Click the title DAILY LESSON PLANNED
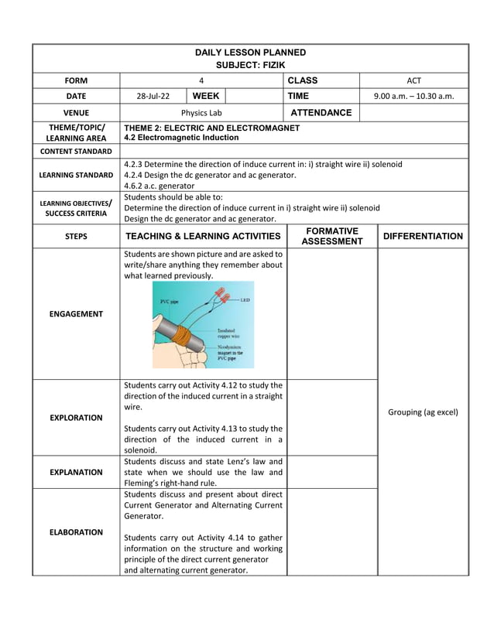point(250,53)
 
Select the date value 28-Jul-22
point(153,97)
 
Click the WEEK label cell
point(206,97)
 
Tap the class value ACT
point(413,80)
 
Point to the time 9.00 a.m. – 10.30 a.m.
point(413,97)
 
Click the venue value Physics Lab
point(201,113)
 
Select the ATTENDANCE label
point(320,113)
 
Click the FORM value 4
point(201,80)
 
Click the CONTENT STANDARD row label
point(76,151)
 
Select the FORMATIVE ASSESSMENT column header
point(331,236)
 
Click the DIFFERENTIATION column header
point(423,237)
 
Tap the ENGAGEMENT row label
point(76,314)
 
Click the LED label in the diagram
point(245,300)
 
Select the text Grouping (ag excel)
point(423,412)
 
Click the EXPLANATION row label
point(76,472)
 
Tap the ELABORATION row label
point(76,532)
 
